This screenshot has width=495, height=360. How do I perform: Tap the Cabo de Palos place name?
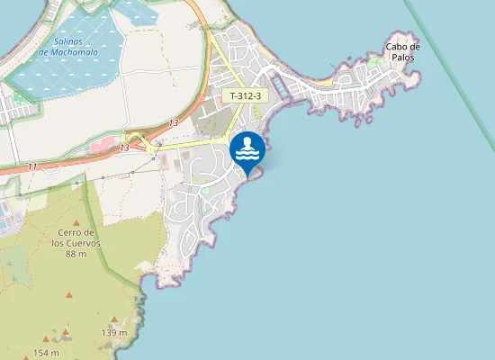click(x=402, y=51)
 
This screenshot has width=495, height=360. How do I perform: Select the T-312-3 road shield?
click(x=246, y=95)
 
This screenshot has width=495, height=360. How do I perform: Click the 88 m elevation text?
click(x=76, y=254)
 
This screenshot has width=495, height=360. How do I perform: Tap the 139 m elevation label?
click(x=114, y=333)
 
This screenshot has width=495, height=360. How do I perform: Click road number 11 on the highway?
click(x=32, y=166)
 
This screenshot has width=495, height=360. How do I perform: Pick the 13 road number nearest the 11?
click(x=123, y=147)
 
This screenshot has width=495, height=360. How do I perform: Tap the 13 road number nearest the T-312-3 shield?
click(x=173, y=122)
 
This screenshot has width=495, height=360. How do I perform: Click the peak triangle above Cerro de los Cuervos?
click(x=76, y=222)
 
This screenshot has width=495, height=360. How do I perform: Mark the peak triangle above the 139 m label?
click(x=113, y=319)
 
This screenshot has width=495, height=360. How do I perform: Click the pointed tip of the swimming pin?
click(x=247, y=175)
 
